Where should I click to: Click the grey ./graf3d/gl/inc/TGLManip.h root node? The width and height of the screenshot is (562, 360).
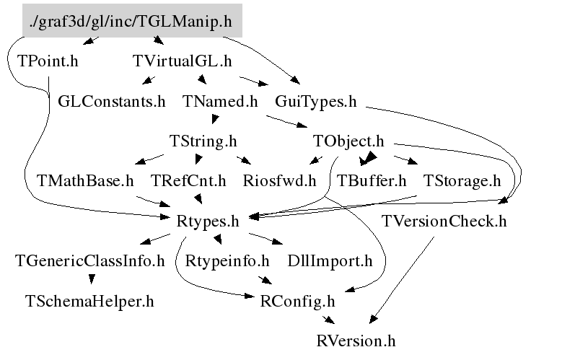(131, 22)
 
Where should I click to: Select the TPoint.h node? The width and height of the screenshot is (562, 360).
(47, 61)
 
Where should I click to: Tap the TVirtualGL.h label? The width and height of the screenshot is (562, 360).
(183, 61)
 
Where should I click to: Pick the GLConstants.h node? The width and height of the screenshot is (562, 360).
(112, 101)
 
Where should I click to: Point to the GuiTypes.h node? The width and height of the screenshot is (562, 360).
(315, 101)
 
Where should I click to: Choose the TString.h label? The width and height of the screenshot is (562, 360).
(203, 141)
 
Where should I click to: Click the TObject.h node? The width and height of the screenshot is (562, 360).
(348, 141)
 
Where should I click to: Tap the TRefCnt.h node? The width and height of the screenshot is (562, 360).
(188, 180)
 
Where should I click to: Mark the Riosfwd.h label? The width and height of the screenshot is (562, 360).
(280, 180)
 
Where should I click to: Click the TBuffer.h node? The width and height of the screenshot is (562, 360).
(372, 180)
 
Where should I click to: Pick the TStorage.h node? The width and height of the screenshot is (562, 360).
(462, 180)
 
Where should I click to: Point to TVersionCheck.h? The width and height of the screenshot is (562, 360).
(444, 221)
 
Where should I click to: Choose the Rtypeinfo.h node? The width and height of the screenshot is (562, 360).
(227, 260)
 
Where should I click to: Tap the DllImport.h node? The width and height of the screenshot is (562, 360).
(330, 260)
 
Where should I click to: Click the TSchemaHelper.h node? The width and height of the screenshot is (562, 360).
(89, 300)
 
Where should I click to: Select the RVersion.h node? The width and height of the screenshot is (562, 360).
(356, 340)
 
